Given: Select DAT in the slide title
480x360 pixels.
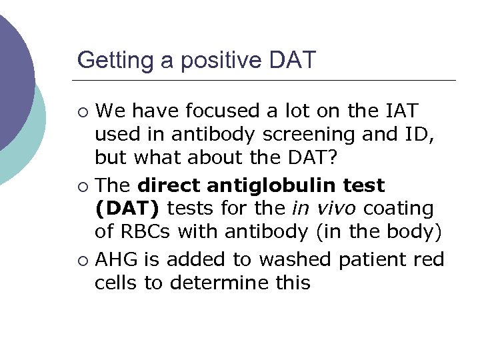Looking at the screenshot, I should pyautogui.click(x=291, y=61).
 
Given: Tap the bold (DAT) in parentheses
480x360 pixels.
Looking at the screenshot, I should pyautogui.click(x=127, y=209).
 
